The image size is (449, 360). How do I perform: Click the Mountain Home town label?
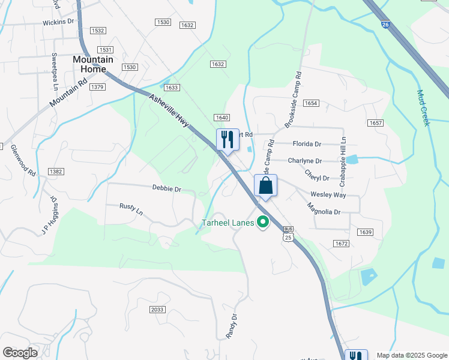click(92, 64)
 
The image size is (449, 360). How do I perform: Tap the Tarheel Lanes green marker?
click(262, 223)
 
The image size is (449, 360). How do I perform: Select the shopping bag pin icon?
click(265, 186)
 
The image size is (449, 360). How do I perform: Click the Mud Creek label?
click(424, 108)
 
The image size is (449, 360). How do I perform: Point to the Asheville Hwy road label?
click(169, 110)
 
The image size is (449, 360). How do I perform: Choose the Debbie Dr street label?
click(166, 188)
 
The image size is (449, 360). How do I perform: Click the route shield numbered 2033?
click(157, 310)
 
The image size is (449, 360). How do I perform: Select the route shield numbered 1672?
click(342, 244)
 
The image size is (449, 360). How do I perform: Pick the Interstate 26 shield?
click(384, 23)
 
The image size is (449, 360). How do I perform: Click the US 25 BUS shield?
click(289, 234)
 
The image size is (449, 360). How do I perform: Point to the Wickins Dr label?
click(58, 22)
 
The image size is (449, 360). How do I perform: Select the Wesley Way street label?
click(328, 195)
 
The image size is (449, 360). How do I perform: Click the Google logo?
click(20, 353)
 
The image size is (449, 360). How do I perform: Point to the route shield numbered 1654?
click(310, 103)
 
